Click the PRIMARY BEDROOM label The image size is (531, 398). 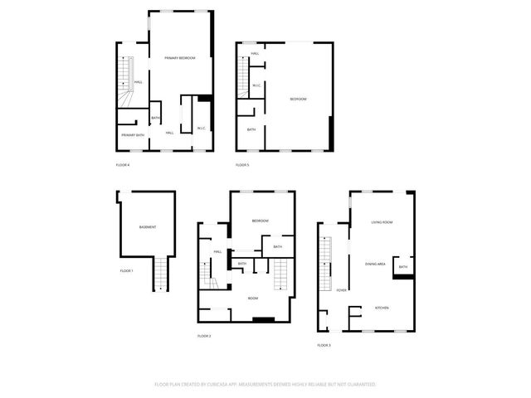click(180, 57)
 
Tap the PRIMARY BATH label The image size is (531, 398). click(133, 134)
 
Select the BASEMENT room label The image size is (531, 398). click(148, 227)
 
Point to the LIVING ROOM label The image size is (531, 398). click(382, 222)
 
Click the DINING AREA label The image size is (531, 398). click(375, 264)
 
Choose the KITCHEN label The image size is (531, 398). click(382, 308)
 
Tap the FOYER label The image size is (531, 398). click(341, 289)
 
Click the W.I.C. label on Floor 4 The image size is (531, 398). click(202, 128)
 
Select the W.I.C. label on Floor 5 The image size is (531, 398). click(257, 85)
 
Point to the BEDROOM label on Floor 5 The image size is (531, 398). click(298, 99)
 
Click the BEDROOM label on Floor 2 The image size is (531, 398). click(261, 221)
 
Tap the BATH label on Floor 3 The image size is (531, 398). click(402, 267)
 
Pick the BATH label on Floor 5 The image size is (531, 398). click(251, 129)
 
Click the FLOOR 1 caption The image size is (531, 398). click(126, 271)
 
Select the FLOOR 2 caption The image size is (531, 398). click(204, 336)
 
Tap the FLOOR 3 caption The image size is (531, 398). click(324, 345)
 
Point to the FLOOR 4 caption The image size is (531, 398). click(123, 165)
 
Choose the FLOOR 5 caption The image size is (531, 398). click(242, 165)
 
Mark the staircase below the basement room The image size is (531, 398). click(161, 273)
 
